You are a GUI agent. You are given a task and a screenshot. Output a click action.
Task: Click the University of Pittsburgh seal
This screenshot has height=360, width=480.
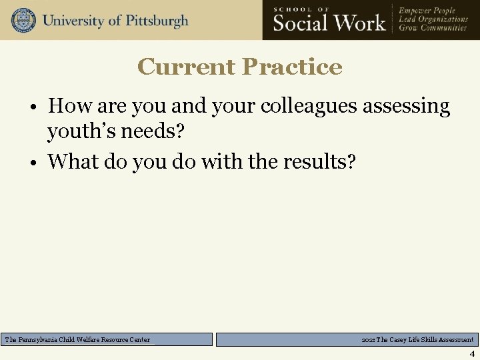[x=23, y=20]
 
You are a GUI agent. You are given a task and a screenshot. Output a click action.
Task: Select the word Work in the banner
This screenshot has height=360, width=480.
[x=361, y=23]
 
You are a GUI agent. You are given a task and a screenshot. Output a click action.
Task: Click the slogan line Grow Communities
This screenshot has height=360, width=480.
[x=433, y=28]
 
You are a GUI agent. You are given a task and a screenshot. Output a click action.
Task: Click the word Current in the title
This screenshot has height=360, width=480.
[x=186, y=67]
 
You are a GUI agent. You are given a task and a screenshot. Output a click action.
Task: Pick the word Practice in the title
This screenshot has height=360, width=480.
[x=292, y=67]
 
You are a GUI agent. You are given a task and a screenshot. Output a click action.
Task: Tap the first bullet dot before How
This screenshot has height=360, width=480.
[x=39, y=107]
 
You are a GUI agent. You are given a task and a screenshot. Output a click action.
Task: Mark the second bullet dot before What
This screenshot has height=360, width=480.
[x=39, y=162]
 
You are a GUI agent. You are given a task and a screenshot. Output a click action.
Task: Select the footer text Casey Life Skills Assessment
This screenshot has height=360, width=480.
[x=424, y=340]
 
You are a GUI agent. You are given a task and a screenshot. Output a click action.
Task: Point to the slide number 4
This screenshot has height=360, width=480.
[x=471, y=354]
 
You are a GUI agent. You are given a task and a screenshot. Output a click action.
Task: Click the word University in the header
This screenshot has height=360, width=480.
[x=73, y=21]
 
